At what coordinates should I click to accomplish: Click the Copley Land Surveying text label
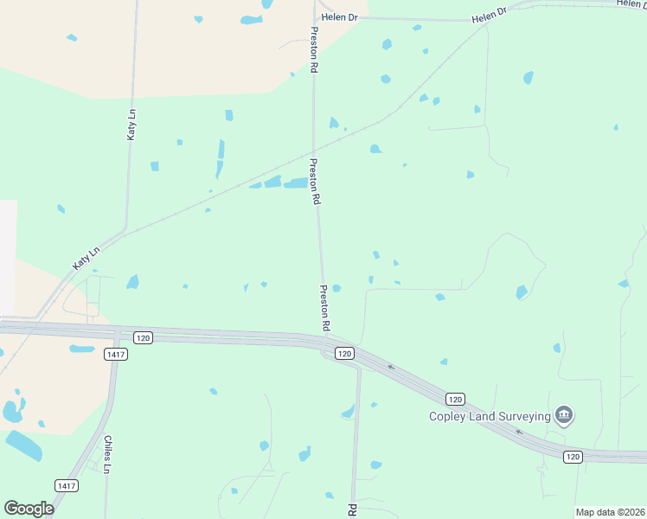pyautogui.click(x=490, y=416)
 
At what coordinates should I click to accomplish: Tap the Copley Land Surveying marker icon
pyautogui.click(x=564, y=415)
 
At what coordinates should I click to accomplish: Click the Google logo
pyautogui.click(x=29, y=508)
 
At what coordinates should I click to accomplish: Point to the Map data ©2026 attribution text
pyautogui.click(x=610, y=512)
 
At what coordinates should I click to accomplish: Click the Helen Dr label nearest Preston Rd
pyautogui.click(x=339, y=17)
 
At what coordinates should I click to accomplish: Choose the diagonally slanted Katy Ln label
pyautogui.click(x=86, y=258)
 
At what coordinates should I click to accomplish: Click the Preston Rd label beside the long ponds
pyautogui.click(x=316, y=180)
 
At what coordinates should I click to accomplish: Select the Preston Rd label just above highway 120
pyautogui.click(x=325, y=309)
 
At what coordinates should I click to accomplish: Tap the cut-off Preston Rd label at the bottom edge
pyautogui.click(x=353, y=510)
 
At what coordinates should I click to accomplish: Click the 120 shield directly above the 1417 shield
pyautogui.click(x=143, y=337)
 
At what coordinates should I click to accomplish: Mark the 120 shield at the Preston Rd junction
pyautogui.click(x=344, y=353)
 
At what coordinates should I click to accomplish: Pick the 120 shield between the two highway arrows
pyautogui.click(x=456, y=399)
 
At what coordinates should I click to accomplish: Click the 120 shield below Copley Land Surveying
pyautogui.click(x=573, y=456)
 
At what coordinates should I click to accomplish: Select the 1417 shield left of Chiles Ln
pyautogui.click(x=65, y=485)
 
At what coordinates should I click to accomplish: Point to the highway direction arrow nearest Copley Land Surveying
pyautogui.click(x=519, y=432)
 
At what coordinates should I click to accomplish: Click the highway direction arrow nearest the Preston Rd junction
pyautogui.click(x=391, y=367)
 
